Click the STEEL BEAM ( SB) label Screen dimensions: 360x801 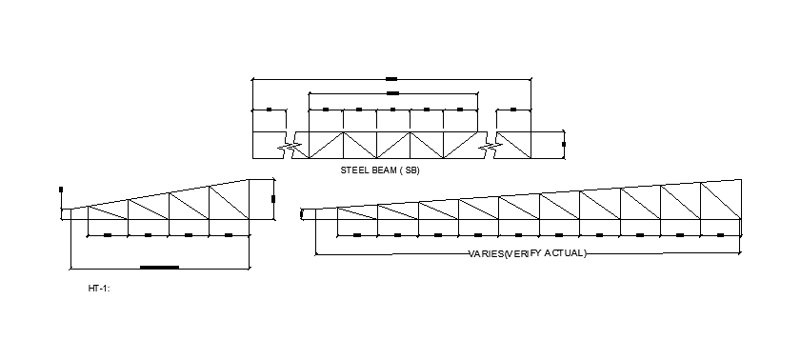pyautogui.click(x=380, y=170)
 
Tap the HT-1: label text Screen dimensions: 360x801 pyautogui.click(x=99, y=288)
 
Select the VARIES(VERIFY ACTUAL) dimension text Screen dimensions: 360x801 pyautogui.click(x=528, y=253)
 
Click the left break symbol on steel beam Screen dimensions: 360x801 pyautogui.click(x=292, y=147)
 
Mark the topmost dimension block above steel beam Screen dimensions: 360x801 pyautogui.click(x=391, y=79)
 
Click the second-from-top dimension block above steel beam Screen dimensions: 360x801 pyautogui.click(x=392, y=93)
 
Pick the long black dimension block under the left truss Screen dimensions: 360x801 pyautogui.click(x=159, y=268)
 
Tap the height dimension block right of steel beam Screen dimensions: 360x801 pyautogui.click(x=564, y=145)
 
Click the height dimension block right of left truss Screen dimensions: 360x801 pyautogui.click(x=272, y=199)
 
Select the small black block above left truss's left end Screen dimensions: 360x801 pyautogui.click(x=61, y=190)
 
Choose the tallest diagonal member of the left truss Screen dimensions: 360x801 pyautogui.click(x=229, y=202)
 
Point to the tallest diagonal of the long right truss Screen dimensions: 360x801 pyautogui.click(x=721, y=201)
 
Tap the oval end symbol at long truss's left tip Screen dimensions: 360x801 pyautogui.click(x=302, y=214)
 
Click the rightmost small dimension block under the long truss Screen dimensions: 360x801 pyautogui.click(x=721, y=234)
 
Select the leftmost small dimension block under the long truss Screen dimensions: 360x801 pyautogui.click(x=357, y=234)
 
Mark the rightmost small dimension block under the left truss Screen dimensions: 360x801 pyautogui.click(x=229, y=234)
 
